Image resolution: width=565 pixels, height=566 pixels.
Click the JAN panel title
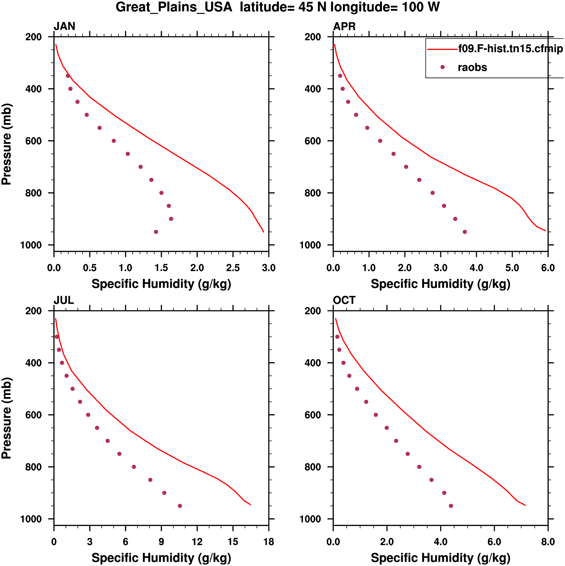64,26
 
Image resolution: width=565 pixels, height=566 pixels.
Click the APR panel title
344,26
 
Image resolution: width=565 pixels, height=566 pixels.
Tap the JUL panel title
64,300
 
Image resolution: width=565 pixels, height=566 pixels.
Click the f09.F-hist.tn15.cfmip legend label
510,49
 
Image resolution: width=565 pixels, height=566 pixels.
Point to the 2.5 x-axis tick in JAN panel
233,268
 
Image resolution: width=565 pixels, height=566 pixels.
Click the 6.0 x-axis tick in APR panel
548,268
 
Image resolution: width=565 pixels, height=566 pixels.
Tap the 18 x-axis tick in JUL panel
269,542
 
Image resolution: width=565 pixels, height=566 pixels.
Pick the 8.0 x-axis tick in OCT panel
548,542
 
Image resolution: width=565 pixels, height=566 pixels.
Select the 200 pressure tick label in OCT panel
313,311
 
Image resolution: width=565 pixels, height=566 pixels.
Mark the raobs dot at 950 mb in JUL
180,506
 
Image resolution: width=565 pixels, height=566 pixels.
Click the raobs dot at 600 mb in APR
380,141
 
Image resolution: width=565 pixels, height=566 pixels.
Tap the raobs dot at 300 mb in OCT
337,337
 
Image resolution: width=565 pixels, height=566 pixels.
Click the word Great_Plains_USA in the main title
174,7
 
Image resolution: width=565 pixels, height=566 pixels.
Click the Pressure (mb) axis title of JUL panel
6,418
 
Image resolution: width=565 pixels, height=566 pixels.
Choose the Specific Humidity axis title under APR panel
440,284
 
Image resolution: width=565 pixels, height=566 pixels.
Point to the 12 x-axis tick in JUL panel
197,542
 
